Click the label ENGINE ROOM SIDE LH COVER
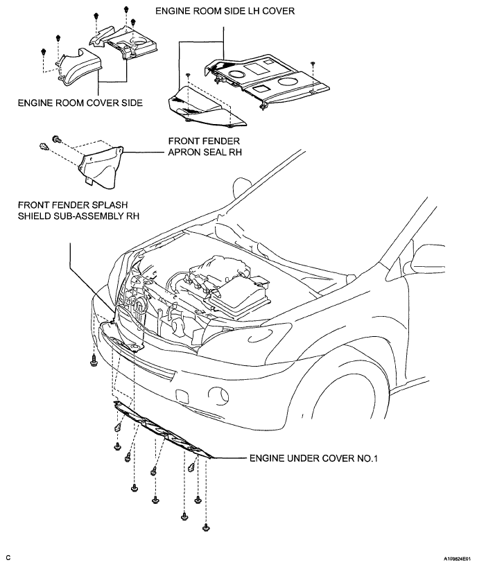(x=225, y=11)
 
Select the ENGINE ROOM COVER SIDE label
(x=80, y=103)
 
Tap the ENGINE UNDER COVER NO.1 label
(x=313, y=458)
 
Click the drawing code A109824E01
(x=458, y=559)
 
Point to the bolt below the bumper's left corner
(x=94, y=360)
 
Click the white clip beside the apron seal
(x=44, y=146)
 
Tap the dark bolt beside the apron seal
(x=56, y=138)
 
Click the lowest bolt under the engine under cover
(x=206, y=527)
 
